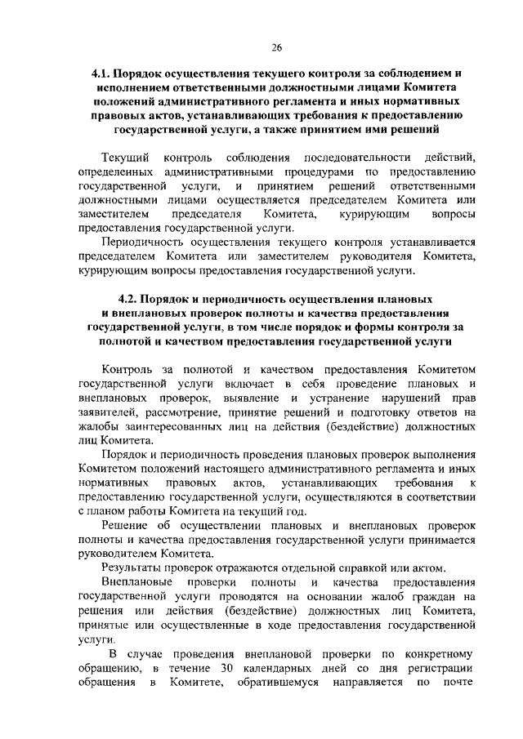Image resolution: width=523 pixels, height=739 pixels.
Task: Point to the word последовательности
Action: point(356,156)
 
